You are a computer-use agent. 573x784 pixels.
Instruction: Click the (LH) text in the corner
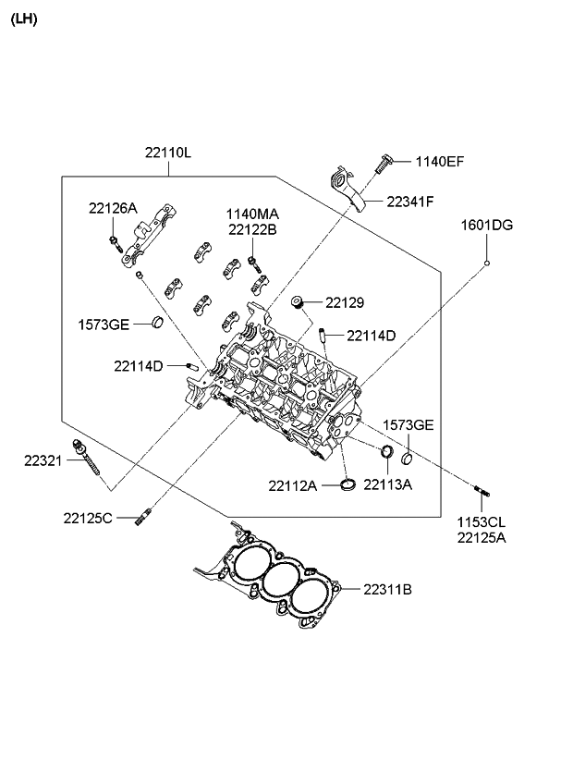23,19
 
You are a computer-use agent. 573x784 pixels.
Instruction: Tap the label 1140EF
439,162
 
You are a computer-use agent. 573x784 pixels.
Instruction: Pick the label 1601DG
487,225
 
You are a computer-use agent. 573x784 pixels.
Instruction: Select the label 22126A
113,208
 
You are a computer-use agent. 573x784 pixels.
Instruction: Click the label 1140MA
251,214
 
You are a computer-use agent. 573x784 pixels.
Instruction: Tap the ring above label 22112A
347,484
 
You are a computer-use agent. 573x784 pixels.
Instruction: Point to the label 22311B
387,588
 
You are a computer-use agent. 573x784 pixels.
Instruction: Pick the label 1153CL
481,522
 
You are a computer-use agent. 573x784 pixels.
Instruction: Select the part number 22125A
481,537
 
